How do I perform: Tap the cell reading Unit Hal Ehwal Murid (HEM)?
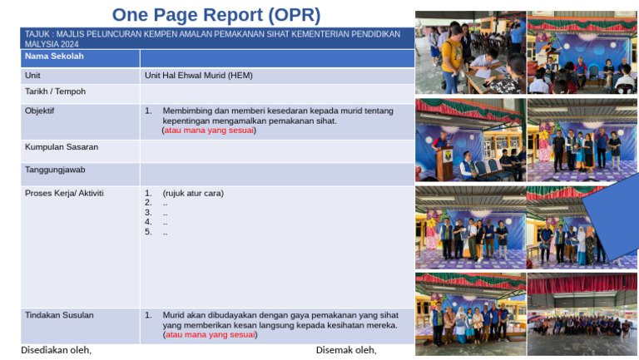(x=199, y=75)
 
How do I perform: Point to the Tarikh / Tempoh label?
(x=55, y=91)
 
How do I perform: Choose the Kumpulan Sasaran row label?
(x=62, y=147)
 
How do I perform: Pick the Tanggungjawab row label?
(x=55, y=170)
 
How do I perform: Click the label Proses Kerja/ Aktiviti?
(x=64, y=193)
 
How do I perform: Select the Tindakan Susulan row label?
(x=59, y=315)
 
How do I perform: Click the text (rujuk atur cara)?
(x=193, y=194)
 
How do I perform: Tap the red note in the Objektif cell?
(x=209, y=131)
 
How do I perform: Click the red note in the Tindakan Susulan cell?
(x=210, y=335)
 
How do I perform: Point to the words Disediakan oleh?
(x=56, y=350)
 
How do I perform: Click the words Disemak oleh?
(x=346, y=350)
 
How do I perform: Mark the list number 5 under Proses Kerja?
(x=148, y=232)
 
